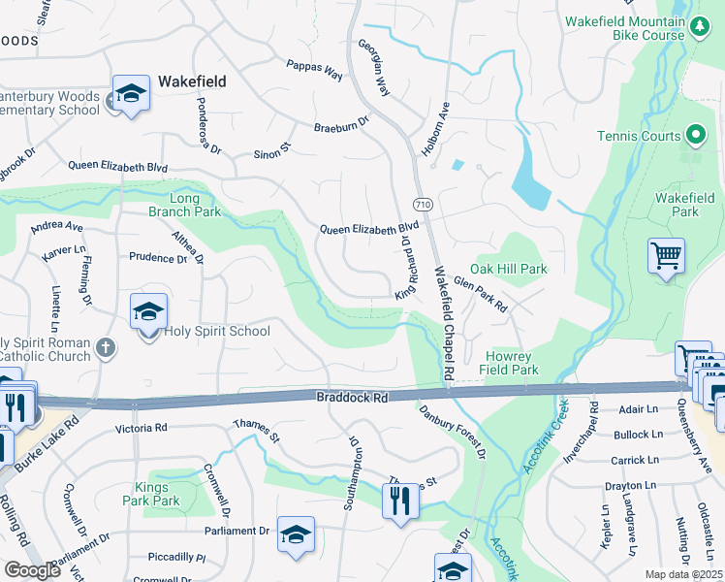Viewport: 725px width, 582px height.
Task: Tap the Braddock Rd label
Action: tap(352, 398)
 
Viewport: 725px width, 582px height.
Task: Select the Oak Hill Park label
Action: tap(509, 269)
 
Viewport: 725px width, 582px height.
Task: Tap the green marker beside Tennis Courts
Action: tap(695, 136)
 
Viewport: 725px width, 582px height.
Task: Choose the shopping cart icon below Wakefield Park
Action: tap(666, 257)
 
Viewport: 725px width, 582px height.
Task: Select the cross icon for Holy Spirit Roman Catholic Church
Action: tap(107, 346)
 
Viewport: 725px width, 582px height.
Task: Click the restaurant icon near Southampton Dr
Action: tap(400, 501)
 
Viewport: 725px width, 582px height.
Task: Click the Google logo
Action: tap(32, 570)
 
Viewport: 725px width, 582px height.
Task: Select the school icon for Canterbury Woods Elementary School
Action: tap(131, 94)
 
